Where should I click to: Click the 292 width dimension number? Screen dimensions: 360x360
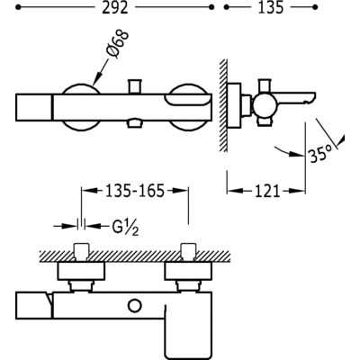point(115,7)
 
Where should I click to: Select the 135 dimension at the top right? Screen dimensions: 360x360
point(271,7)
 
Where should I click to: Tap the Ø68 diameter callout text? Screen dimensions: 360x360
point(118,43)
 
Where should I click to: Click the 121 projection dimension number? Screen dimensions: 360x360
point(267,191)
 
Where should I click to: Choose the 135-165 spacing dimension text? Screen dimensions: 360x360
point(135,191)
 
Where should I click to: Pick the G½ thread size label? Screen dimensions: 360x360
point(125,229)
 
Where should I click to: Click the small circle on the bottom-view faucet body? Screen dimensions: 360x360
point(134,306)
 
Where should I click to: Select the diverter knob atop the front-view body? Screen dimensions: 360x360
point(135,86)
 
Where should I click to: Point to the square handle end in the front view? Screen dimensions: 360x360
point(34,107)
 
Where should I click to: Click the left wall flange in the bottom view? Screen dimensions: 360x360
point(81,270)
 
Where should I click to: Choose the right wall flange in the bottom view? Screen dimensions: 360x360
point(188,270)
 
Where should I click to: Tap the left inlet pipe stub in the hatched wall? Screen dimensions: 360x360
point(81,251)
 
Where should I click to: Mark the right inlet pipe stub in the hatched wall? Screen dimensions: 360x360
point(188,251)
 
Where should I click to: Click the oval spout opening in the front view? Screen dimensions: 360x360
point(186,100)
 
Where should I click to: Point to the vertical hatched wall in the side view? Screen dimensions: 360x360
point(223,105)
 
